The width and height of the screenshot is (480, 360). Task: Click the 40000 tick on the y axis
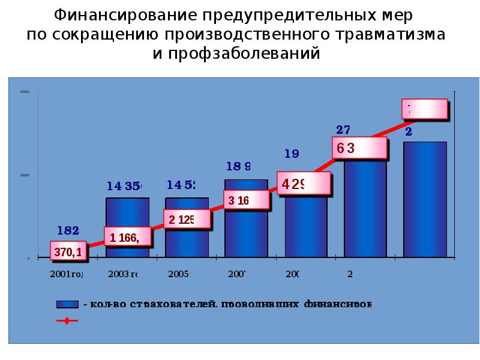(25, 92)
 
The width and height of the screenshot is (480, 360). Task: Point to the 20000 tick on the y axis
(25, 175)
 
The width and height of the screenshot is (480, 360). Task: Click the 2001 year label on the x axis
(65, 274)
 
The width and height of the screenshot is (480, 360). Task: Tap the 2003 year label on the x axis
(123, 274)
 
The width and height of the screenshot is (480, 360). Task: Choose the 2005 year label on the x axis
(179, 274)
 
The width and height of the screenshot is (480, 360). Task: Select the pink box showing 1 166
(127, 238)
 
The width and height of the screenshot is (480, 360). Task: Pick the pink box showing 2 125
(187, 219)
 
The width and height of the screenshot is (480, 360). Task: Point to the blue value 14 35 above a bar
(124, 187)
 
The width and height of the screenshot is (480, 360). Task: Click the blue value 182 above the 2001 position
(68, 230)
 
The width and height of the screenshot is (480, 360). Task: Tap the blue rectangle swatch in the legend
(68, 305)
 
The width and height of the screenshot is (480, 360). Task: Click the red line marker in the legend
(67, 321)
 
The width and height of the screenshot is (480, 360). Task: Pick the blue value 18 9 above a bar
(238, 166)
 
